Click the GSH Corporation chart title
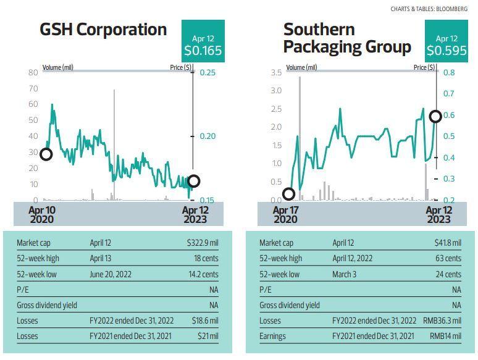pos(103,30)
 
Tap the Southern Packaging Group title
pos(346,38)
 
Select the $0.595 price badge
pos(446,46)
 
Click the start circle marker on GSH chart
pos(45,154)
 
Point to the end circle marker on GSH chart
pos(193,181)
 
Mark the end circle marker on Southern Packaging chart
pos(435,116)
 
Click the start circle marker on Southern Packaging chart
pos(288,194)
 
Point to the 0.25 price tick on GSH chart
pos(207,73)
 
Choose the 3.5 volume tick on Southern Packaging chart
pos(276,73)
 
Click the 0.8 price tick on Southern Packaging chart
pos(449,73)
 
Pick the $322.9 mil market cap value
pos(203,243)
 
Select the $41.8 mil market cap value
pos(447,243)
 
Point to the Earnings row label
pos(272,337)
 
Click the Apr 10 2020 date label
pos(42,214)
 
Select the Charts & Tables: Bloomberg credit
pos(429,9)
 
